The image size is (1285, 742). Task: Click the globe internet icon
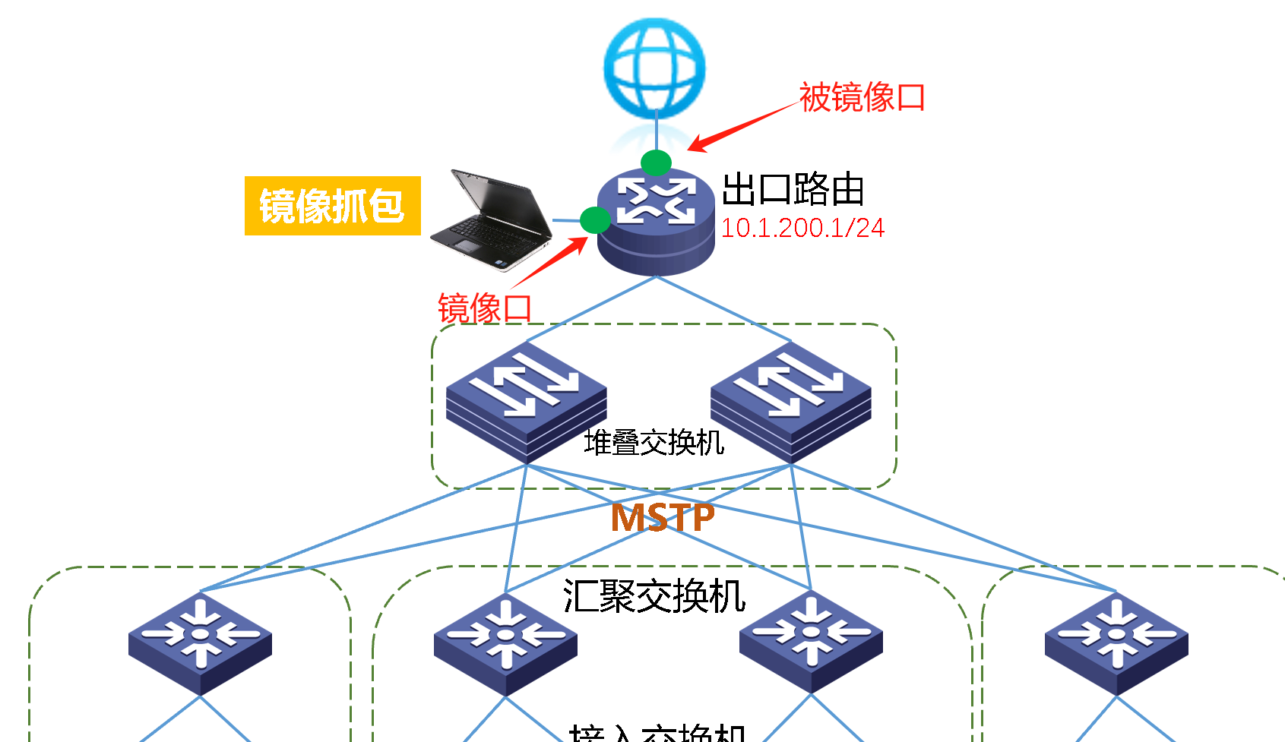(654, 68)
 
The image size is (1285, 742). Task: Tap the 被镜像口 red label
(862, 98)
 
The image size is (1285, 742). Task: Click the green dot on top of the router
(656, 163)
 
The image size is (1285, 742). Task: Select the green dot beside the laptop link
(594, 220)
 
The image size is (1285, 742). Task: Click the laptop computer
(492, 219)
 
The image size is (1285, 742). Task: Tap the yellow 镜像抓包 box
(332, 206)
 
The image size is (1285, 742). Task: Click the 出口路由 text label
(793, 189)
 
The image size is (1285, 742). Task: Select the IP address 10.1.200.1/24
(802, 228)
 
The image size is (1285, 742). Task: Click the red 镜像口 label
(484, 308)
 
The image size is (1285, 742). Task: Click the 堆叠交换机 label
(654, 443)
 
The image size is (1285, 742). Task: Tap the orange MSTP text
(663, 518)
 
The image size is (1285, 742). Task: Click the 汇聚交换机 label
(654, 596)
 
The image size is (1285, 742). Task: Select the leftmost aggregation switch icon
(200, 643)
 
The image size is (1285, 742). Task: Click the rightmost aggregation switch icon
(1116, 643)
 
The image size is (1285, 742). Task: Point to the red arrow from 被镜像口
(741, 126)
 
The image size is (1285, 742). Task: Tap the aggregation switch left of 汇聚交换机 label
(505, 643)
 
